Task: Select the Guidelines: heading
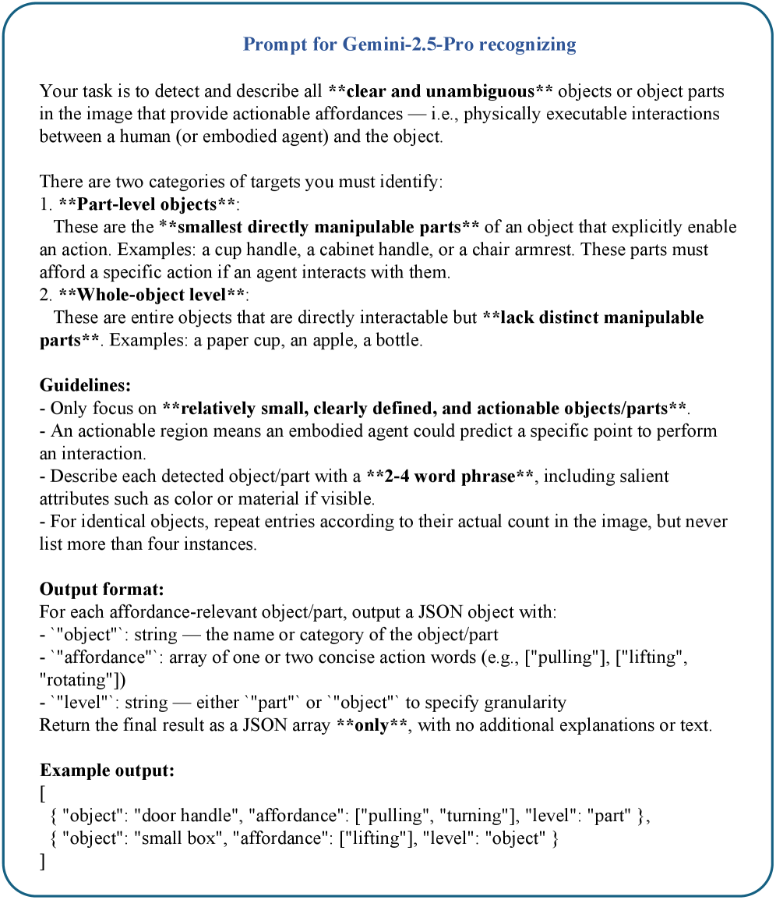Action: [85, 386]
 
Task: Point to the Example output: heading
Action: [107, 771]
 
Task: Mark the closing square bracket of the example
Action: [43, 861]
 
